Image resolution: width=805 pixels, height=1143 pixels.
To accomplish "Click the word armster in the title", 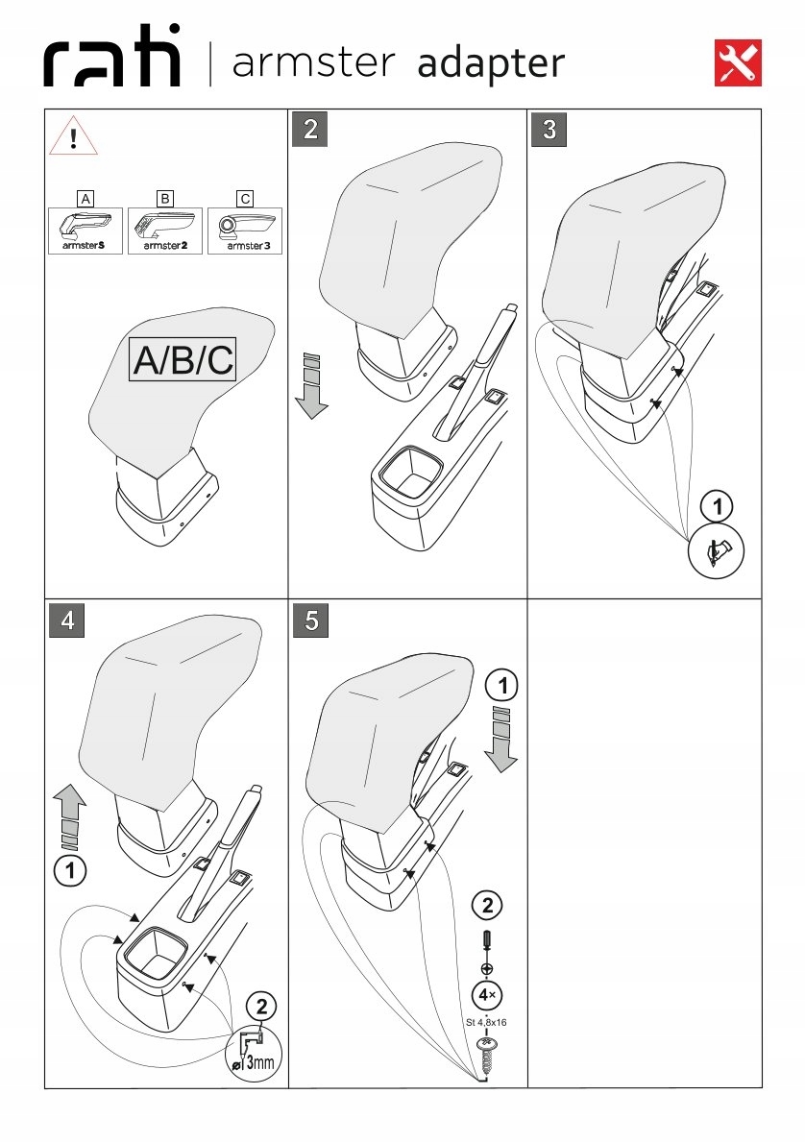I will [x=313, y=63].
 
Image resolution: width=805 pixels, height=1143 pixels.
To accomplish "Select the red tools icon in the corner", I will [x=739, y=62].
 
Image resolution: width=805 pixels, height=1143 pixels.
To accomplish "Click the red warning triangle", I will [x=74, y=135].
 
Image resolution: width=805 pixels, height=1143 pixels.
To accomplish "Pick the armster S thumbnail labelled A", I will [x=85, y=231].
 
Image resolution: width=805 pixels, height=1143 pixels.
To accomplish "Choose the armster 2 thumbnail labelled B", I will [x=165, y=231].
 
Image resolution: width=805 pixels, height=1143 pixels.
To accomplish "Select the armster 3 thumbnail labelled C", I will [x=245, y=231].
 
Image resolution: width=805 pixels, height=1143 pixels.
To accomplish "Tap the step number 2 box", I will [x=310, y=130].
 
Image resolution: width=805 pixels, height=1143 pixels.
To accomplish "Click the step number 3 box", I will [x=549, y=130].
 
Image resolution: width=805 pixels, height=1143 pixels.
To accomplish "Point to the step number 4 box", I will [x=67, y=620].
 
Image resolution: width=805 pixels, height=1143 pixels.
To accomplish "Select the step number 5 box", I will [x=310, y=620].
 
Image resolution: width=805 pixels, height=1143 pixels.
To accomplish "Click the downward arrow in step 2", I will [x=310, y=386].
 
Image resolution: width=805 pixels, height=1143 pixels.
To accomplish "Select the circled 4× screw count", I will [x=488, y=993].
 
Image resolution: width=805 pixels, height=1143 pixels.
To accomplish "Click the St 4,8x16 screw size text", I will [x=487, y=1022].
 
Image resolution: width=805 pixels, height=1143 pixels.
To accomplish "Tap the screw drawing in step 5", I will [x=487, y=1057].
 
